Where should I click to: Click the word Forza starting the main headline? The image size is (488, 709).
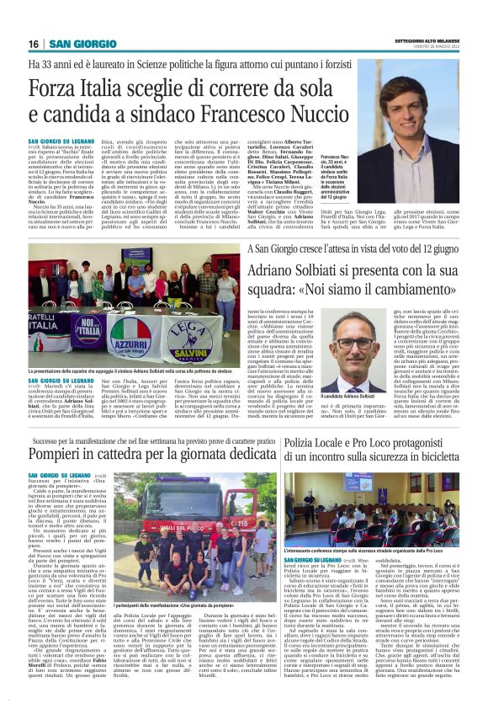57,88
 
